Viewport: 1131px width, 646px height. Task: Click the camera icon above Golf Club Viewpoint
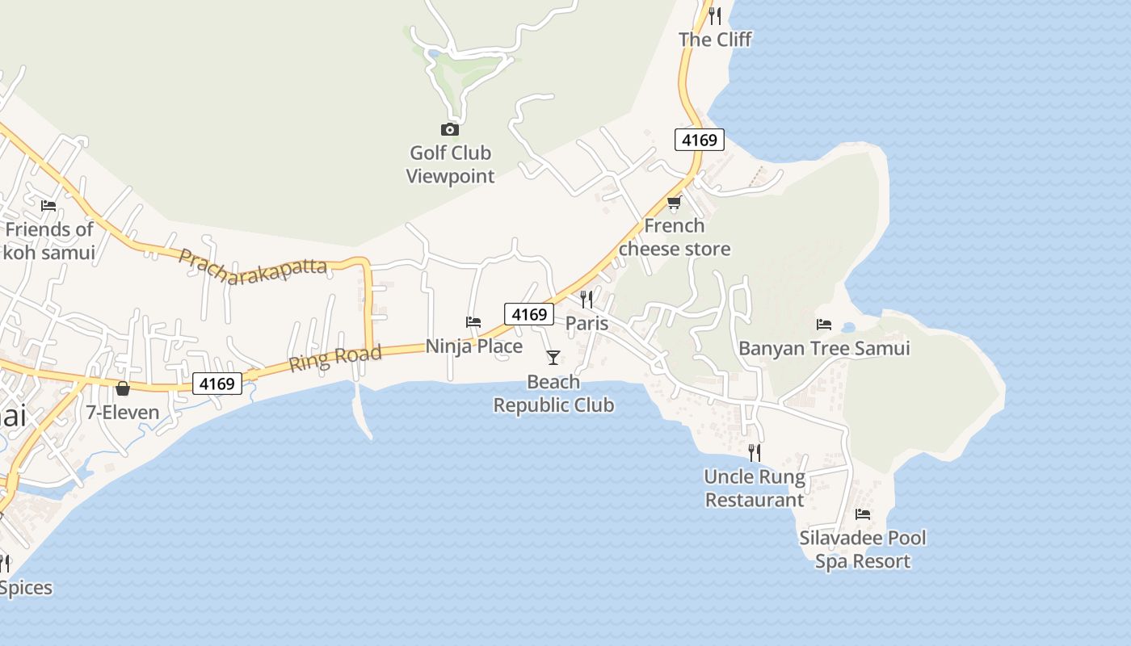pyautogui.click(x=450, y=129)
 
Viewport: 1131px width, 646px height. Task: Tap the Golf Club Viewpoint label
pyautogui.click(x=450, y=164)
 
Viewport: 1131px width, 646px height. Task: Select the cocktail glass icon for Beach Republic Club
pyautogui.click(x=553, y=357)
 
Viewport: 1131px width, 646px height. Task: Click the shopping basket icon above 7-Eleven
pyautogui.click(x=123, y=388)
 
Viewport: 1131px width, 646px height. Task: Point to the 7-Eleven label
pyautogui.click(x=123, y=413)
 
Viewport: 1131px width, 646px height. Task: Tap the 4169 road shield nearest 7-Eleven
pyautogui.click(x=217, y=384)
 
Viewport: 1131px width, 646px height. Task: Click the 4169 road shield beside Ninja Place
pyautogui.click(x=529, y=314)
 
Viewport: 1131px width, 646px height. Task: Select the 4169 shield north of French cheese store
pyautogui.click(x=700, y=140)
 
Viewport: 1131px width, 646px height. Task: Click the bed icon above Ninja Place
pyautogui.click(x=473, y=322)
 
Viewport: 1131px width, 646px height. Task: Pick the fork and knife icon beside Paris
pyautogui.click(x=587, y=300)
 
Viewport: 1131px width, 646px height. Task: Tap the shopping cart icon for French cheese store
pyautogui.click(x=674, y=202)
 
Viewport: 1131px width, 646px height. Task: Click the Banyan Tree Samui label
pyautogui.click(x=824, y=348)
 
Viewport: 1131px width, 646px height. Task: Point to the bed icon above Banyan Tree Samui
pyautogui.click(x=824, y=325)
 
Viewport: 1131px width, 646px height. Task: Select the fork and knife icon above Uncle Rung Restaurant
pyautogui.click(x=755, y=452)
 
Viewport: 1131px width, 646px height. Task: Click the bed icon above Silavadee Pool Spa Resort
pyautogui.click(x=863, y=514)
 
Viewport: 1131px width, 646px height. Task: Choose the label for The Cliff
pyautogui.click(x=715, y=39)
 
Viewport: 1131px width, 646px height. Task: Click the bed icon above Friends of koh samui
pyautogui.click(x=48, y=205)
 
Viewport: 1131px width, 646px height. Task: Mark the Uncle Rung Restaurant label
pyautogui.click(x=755, y=489)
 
